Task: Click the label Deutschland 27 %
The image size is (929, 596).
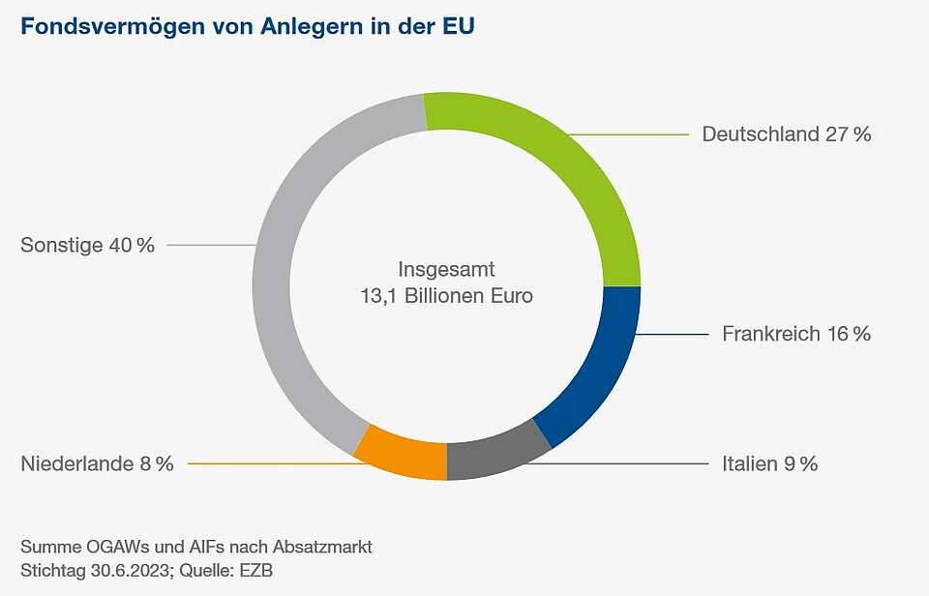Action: pos(787,134)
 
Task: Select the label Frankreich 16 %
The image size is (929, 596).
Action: pos(796,334)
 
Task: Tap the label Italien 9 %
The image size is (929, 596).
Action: pos(769,464)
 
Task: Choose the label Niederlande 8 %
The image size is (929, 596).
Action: pos(97,464)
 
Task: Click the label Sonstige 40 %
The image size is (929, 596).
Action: pos(87,246)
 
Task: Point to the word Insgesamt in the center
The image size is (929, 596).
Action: pos(446,269)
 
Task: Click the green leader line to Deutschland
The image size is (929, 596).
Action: pos(629,134)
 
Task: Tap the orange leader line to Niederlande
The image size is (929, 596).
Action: pos(271,464)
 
